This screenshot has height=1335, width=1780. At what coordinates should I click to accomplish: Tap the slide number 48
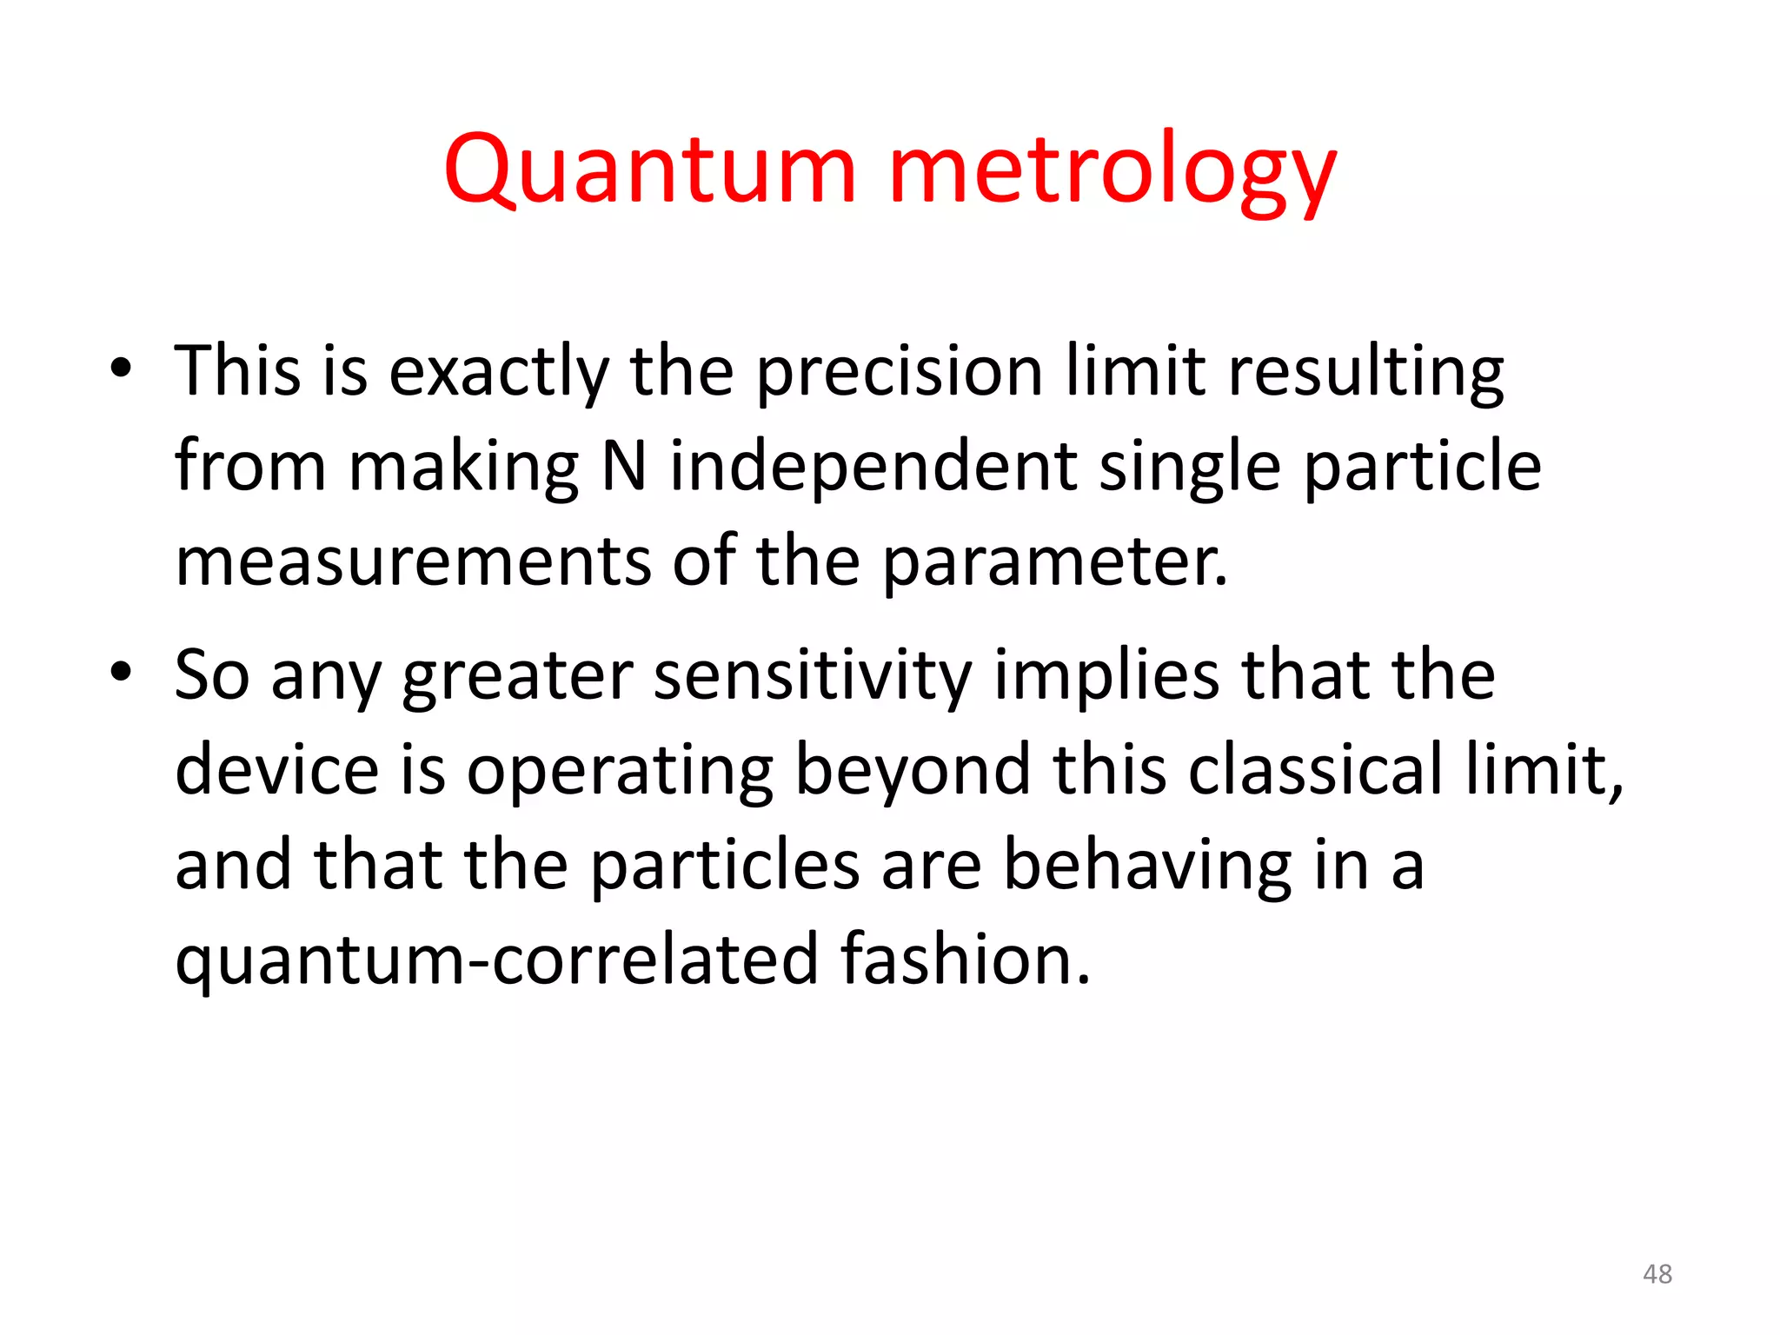coord(1657,1274)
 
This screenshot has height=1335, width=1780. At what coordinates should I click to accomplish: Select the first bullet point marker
coord(121,368)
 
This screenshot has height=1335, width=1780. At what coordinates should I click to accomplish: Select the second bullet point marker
coord(121,672)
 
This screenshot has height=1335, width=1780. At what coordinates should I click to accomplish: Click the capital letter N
coord(624,467)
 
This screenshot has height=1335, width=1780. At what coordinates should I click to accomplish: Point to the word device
coord(276,770)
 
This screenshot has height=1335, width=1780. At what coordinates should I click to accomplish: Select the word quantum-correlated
coord(496,961)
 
